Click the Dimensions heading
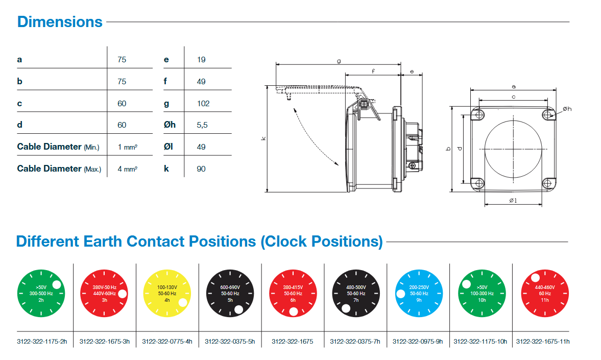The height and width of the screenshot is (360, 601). [x=60, y=22]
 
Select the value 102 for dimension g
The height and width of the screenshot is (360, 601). [x=203, y=103]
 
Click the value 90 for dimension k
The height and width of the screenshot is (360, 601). [x=201, y=169]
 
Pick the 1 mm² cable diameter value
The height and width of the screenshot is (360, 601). [x=127, y=147]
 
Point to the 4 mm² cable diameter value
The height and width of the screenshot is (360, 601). [x=127, y=169]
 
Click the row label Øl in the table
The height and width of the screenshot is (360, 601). [x=169, y=147]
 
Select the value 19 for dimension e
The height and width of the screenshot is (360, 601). [x=201, y=60]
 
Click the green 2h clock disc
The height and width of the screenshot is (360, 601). [x=41, y=293]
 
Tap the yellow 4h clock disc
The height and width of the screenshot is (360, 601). [x=166, y=293]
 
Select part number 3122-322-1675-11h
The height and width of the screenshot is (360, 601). [x=543, y=341]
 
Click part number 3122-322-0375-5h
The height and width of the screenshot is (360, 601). [x=230, y=341]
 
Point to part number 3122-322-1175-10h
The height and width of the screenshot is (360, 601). [x=480, y=341]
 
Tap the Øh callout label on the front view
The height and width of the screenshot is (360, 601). [x=567, y=109]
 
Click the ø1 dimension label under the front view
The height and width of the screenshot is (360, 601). [x=513, y=201]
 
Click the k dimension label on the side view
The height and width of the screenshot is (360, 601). [x=263, y=138]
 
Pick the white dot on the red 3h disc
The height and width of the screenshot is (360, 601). [x=123, y=293]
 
